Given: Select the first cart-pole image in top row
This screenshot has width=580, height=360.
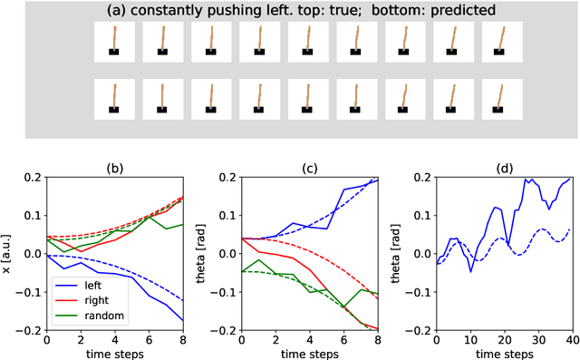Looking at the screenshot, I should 115,42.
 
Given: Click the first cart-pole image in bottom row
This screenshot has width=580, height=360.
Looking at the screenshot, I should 115,97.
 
